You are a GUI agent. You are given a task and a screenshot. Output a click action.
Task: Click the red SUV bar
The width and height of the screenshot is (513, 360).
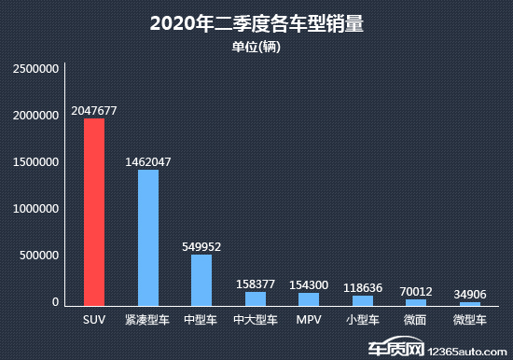(94, 213)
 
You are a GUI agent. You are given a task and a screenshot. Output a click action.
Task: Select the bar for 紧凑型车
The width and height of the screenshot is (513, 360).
(148, 239)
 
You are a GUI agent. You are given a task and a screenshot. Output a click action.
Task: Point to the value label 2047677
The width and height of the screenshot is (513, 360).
(94, 110)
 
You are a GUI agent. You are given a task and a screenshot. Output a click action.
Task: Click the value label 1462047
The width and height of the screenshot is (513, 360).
(148, 161)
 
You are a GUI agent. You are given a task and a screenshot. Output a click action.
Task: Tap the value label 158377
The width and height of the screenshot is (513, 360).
(256, 283)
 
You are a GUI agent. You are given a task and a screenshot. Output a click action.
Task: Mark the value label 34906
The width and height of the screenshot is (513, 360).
(470, 294)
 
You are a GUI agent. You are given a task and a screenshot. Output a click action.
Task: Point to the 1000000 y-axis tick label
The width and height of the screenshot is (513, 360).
(36, 209)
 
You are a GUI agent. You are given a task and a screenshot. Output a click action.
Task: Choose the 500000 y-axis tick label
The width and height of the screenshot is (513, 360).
(41, 256)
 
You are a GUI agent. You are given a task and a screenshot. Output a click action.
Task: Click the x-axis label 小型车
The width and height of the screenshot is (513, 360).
(363, 320)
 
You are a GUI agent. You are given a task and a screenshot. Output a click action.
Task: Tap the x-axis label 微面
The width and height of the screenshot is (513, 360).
(416, 320)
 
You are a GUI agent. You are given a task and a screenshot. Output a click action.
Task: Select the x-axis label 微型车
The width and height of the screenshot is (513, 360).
(470, 320)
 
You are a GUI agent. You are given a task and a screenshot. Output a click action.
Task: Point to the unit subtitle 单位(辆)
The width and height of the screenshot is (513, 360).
(256, 47)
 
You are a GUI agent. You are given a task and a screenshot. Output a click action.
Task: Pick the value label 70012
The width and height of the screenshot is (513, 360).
(416, 291)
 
